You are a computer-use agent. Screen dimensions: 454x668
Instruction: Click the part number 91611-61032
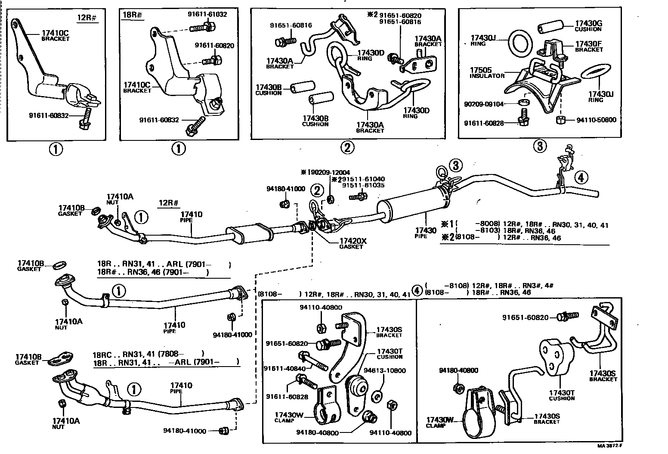(207, 14)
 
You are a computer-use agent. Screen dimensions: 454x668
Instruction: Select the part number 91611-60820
(214, 46)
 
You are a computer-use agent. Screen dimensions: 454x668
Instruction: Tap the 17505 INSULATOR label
(486, 72)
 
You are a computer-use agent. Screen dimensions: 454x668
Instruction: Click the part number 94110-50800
(597, 120)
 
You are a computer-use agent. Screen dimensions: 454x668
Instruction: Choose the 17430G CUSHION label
(589, 26)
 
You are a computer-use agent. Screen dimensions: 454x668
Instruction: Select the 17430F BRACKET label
(589, 47)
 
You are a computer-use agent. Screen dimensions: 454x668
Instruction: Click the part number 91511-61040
(363, 179)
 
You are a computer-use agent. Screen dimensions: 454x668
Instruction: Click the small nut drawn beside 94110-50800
(561, 119)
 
